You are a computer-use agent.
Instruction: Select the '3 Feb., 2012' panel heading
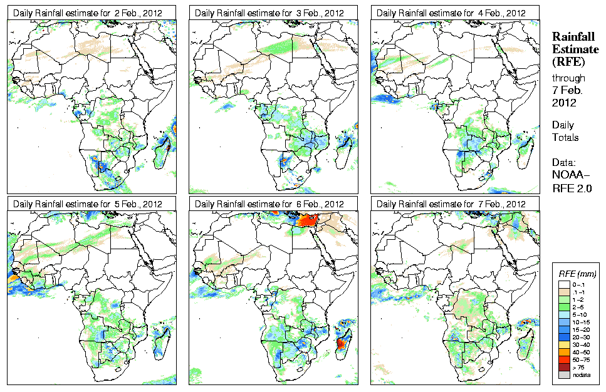coord(269,13)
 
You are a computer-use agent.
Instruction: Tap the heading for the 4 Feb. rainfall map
coord(451,13)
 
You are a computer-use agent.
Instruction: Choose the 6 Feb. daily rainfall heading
coord(269,204)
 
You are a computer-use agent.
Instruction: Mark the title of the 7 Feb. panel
coord(451,204)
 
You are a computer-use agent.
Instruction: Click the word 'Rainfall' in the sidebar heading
coord(573,37)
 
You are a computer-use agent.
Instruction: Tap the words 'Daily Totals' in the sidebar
coord(565,132)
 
